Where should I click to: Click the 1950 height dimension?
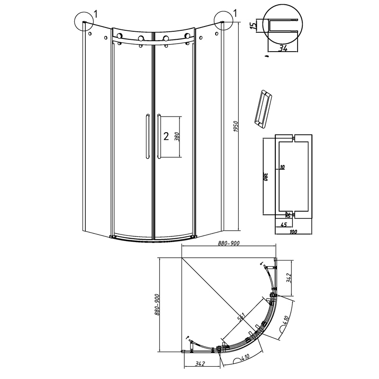236,126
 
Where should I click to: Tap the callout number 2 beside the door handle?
166,136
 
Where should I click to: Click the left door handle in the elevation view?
147,136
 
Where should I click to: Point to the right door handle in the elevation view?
159,136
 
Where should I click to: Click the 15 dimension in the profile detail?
253,26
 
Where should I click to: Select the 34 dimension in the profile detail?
282,48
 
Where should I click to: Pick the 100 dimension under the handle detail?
293,232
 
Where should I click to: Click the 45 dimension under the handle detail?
284,225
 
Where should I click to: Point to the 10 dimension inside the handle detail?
282,167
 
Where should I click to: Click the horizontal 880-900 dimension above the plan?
229,244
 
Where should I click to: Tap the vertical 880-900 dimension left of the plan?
157,305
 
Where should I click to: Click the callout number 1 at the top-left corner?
96,14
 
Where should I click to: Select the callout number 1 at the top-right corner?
235,13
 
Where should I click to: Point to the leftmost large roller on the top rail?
119,36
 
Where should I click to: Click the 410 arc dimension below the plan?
244,357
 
